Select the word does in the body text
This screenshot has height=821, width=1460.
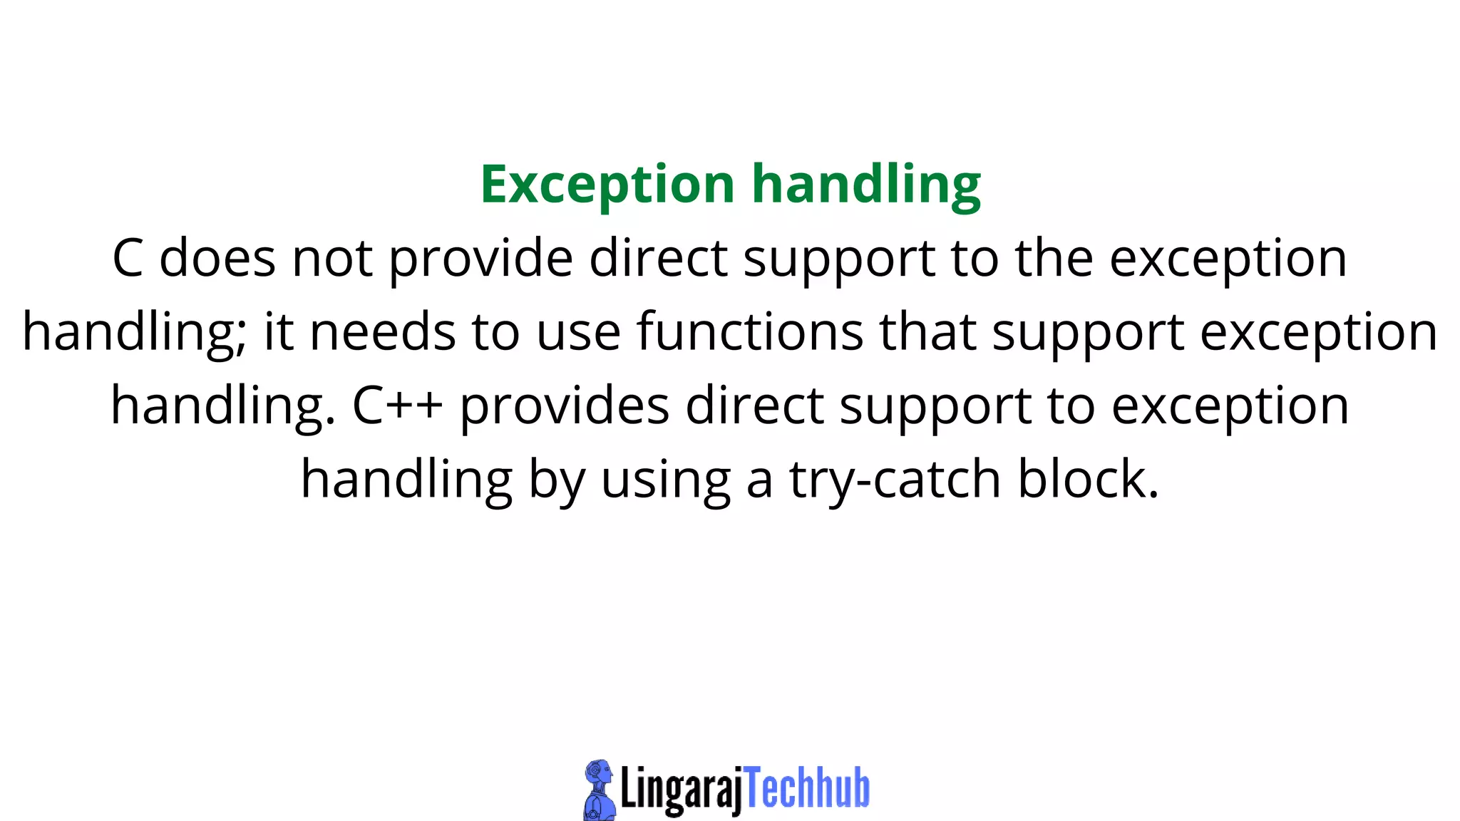[x=217, y=258]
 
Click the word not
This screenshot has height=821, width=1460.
[x=332, y=258]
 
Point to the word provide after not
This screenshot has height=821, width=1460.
[x=480, y=258]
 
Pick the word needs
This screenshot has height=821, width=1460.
[x=383, y=332]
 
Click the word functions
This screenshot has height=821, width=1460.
[x=750, y=332]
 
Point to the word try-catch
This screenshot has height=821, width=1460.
[x=895, y=480]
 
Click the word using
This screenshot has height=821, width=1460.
[x=666, y=480]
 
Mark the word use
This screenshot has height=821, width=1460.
[x=578, y=332]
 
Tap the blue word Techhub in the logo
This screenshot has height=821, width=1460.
[x=807, y=788]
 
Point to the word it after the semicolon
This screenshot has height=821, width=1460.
[x=279, y=332]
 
